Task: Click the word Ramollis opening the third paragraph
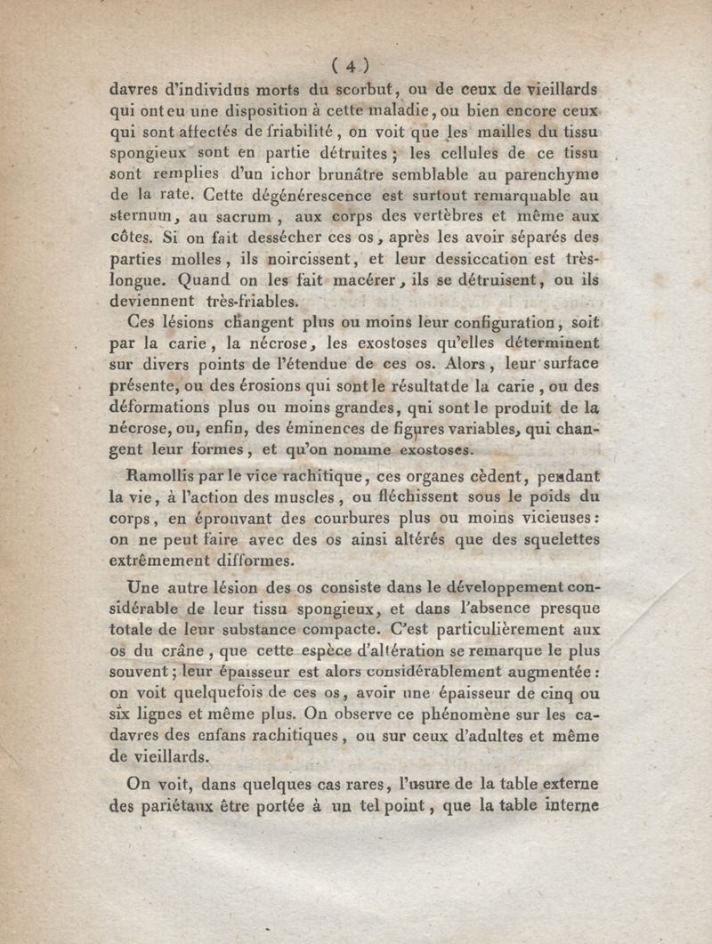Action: (165, 475)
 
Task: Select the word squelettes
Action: (555, 540)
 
